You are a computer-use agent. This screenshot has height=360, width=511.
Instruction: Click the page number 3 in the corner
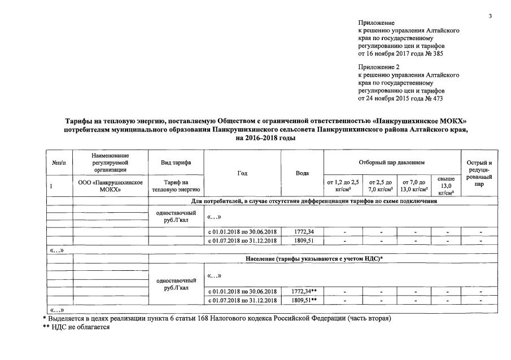(490, 15)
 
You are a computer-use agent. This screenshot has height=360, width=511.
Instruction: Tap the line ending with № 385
(401, 54)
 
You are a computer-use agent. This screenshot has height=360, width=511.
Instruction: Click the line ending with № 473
(401, 98)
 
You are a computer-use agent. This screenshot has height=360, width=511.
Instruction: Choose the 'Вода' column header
(302, 173)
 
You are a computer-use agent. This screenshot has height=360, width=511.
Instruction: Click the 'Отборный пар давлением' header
(392, 163)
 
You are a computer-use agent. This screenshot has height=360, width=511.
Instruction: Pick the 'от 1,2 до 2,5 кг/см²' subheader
(343, 186)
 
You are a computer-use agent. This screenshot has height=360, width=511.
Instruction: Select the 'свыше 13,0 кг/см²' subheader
(446, 186)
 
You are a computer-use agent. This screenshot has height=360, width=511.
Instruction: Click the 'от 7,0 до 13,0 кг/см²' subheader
(414, 186)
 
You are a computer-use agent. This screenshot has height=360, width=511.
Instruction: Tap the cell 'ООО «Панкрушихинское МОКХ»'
(110, 186)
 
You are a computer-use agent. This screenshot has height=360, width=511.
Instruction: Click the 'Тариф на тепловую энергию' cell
(175, 186)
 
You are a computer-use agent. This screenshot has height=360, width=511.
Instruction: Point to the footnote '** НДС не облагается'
(76, 327)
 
